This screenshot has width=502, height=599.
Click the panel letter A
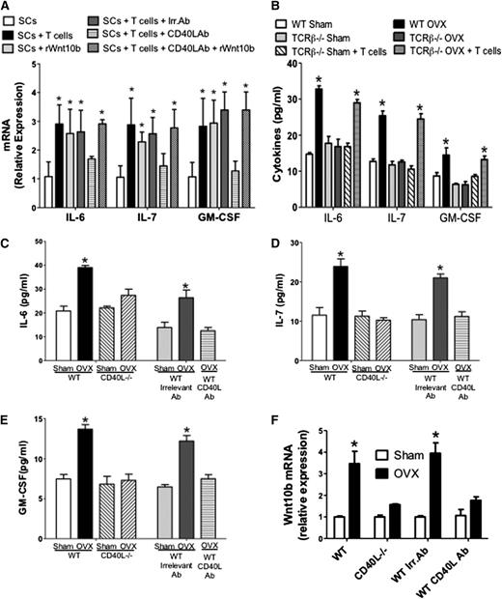[7, 7]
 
